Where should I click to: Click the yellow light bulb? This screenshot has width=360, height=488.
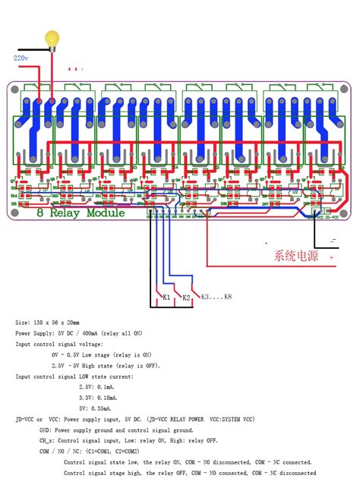tap(52, 38)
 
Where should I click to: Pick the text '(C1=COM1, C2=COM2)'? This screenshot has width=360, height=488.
tap(133, 450)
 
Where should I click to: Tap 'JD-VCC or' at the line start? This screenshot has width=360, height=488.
tap(30, 418)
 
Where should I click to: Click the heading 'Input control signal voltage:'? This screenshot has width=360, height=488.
tap(65, 344)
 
